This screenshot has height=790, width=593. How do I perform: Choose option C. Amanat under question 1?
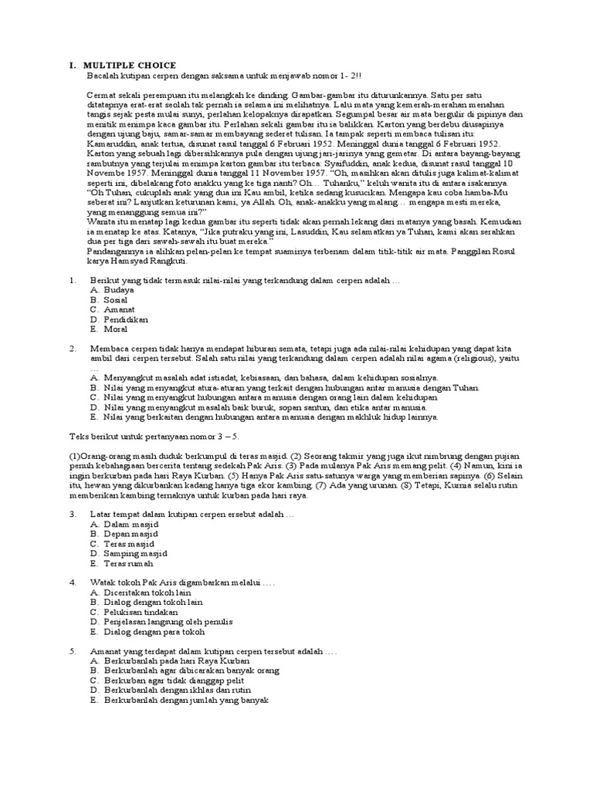(x=113, y=309)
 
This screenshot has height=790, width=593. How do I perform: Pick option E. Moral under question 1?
(x=110, y=329)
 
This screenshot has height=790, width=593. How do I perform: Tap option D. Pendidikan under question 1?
(x=118, y=319)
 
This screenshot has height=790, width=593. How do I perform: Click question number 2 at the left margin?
(x=73, y=349)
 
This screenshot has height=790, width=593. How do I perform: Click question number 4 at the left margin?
(x=73, y=582)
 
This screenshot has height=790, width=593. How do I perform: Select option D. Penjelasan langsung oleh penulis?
(x=161, y=621)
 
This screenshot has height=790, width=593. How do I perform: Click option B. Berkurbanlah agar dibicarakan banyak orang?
(x=190, y=671)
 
